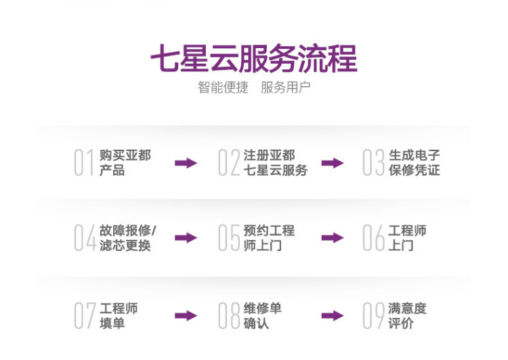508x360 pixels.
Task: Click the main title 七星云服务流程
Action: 254,58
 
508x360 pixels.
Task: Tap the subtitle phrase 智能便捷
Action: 224,87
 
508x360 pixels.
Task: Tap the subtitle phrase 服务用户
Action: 285,87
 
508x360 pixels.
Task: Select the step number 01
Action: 84,163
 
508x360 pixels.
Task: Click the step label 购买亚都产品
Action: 125,163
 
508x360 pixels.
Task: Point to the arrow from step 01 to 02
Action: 186,163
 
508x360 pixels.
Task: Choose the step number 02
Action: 229,163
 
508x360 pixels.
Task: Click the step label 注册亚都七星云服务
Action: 276,163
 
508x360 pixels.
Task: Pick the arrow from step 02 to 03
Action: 333,163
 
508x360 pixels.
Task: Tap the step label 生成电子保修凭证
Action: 415,163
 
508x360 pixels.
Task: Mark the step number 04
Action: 85,238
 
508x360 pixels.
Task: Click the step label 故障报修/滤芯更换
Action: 127,238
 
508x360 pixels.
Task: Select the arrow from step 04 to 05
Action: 186,238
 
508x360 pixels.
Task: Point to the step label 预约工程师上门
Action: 269,238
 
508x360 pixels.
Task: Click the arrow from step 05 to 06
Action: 333,238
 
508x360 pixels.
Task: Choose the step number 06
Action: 373,238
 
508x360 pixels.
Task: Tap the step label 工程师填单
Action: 119,315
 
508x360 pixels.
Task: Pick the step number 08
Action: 229,315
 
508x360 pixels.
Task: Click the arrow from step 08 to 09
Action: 333,315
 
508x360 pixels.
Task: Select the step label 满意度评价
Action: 407,315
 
